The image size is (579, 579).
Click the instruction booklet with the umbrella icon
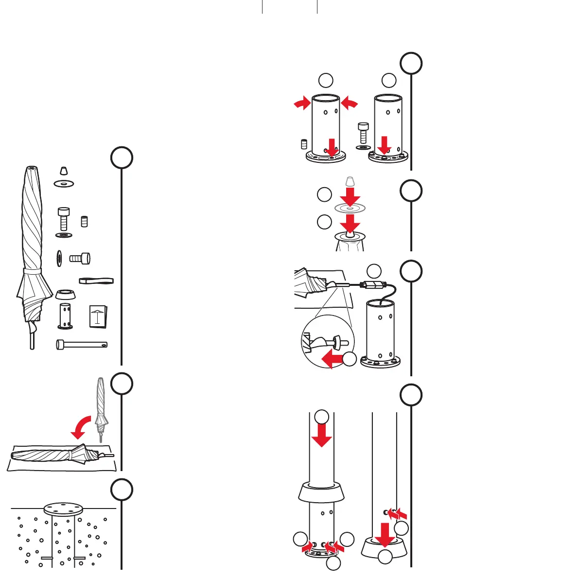(98, 316)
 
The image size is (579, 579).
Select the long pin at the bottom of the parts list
(82, 345)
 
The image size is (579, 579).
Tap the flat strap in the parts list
(96, 281)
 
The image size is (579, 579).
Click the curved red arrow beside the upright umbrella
(81, 425)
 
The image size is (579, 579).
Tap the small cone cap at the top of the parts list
(63, 171)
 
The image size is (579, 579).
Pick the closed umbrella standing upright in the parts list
(32, 253)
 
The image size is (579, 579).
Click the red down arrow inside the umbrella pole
(321, 435)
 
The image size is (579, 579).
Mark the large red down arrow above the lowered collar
(386, 534)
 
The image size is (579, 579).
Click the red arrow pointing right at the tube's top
(302, 103)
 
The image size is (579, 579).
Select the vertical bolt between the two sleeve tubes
(363, 133)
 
